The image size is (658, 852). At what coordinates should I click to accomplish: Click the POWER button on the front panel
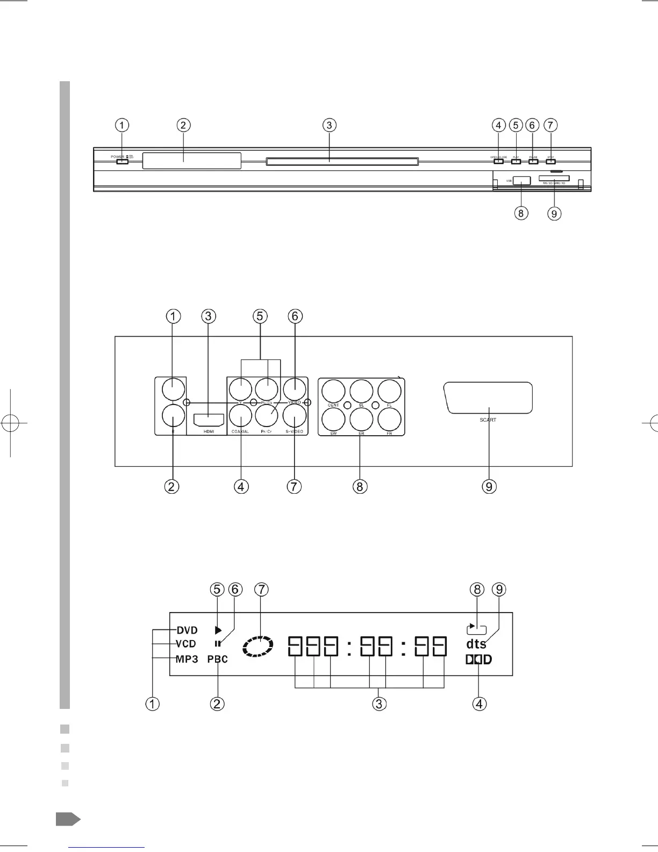[x=122, y=160]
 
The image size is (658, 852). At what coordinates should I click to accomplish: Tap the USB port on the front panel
[x=521, y=181]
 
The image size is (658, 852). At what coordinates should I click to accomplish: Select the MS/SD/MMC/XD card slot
[x=554, y=177]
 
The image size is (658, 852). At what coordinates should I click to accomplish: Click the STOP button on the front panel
[x=550, y=161]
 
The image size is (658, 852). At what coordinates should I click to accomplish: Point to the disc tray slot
[x=342, y=161]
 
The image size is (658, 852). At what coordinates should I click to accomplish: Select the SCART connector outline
[x=488, y=398]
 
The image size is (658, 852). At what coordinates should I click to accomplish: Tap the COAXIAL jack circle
[x=240, y=415]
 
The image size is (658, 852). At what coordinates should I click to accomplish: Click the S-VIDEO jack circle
[x=295, y=415]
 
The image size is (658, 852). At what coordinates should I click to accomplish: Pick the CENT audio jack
[x=333, y=391]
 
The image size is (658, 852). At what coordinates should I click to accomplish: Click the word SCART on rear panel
[x=488, y=420]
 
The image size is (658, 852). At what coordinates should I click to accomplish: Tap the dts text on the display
[x=476, y=644]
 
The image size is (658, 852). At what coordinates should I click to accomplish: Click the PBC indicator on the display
[x=218, y=659]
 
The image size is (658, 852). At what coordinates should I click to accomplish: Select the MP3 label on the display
[x=187, y=659]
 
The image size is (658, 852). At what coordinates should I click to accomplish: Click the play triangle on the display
[x=218, y=630]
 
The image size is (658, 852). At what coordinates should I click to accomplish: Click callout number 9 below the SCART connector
[x=489, y=486]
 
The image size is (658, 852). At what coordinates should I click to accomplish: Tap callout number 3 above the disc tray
[x=329, y=125]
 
